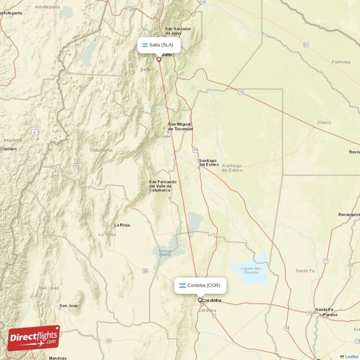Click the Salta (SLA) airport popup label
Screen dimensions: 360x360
159,45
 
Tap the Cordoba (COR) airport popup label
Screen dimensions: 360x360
200,286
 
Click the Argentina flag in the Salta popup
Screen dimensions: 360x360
145,45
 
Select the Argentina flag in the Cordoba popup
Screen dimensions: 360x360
182,286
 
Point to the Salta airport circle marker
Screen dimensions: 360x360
158,59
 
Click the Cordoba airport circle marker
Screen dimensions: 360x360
200,300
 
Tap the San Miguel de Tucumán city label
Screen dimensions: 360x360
180,126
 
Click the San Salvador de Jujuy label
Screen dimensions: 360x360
178,31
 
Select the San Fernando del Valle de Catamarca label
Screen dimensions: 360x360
163,186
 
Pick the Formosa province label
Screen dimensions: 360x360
341,62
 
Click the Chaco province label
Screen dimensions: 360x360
324,122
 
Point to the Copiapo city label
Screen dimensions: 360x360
8,148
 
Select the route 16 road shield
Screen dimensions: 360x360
242,93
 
